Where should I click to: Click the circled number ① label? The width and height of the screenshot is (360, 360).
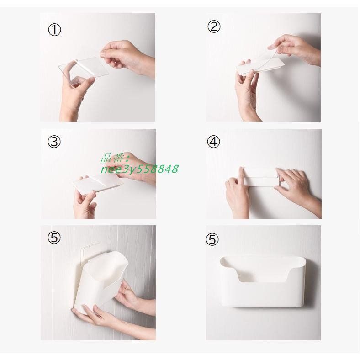pyautogui.click(x=54, y=30)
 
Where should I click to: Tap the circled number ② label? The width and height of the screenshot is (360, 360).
pyautogui.click(x=214, y=26)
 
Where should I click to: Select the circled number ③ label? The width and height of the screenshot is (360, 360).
pyautogui.click(x=54, y=142)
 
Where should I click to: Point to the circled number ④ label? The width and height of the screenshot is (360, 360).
pyautogui.click(x=213, y=142)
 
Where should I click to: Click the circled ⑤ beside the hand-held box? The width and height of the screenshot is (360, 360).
pyautogui.click(x=54, y=238)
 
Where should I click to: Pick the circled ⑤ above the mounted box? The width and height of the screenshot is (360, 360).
pyautogui.click(x=212, y=239)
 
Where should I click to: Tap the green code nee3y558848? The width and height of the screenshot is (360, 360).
pyautogui.click(x=140, y=169)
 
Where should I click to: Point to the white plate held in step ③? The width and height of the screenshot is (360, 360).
pyautogui.click(x=98, y=184)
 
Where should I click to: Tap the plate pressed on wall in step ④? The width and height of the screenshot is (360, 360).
pyautogui.click(x=260, y=177)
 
